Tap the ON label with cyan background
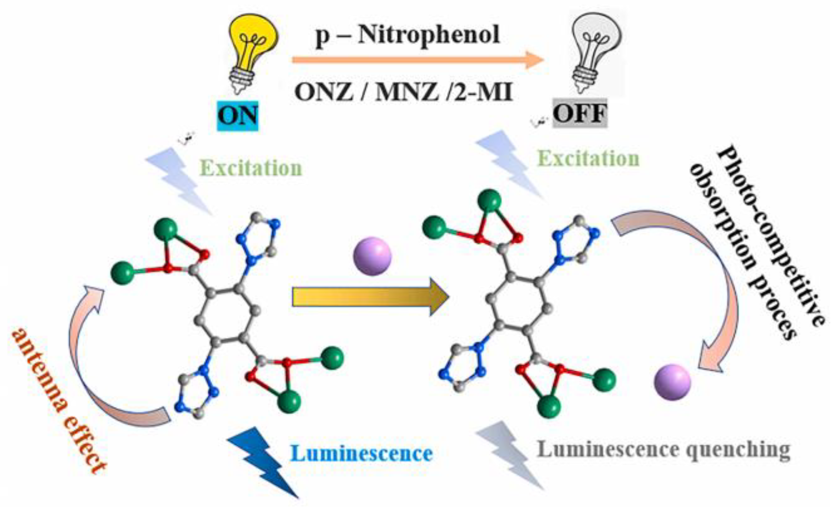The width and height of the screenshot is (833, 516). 238,116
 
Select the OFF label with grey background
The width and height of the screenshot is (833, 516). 580,113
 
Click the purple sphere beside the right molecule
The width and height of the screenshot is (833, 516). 672,382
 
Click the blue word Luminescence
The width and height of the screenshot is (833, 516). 362,454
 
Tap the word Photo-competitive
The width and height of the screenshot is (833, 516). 771,236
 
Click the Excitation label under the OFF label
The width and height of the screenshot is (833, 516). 588,159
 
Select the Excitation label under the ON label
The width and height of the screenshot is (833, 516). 251,168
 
